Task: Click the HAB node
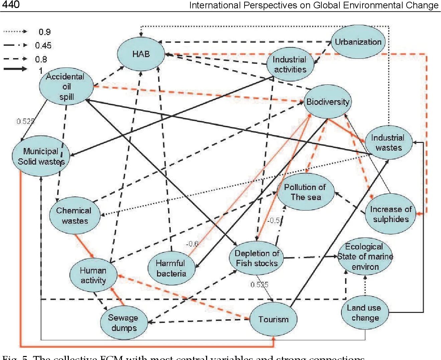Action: coord(141,54)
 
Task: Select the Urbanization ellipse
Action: coord(358,42)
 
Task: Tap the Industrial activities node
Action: coord(290,64)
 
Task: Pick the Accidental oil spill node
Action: coord(66,87)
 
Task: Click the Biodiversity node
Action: coord(328,102)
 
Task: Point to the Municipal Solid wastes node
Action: coord(41,156)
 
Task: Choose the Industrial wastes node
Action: coord(388,143)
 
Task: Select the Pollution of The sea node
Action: coord(305,192)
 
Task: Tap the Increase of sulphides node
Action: coord(391,214)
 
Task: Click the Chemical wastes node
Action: coord(75,215)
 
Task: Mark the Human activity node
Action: coord(93,275)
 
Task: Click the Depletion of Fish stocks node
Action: coord(257,258)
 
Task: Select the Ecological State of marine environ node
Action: coord(365,256)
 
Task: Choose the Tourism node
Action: coord(273,319)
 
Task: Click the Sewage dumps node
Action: coord(124,323)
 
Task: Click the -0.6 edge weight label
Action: coord(192,244)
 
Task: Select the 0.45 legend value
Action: coord(43,45)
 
